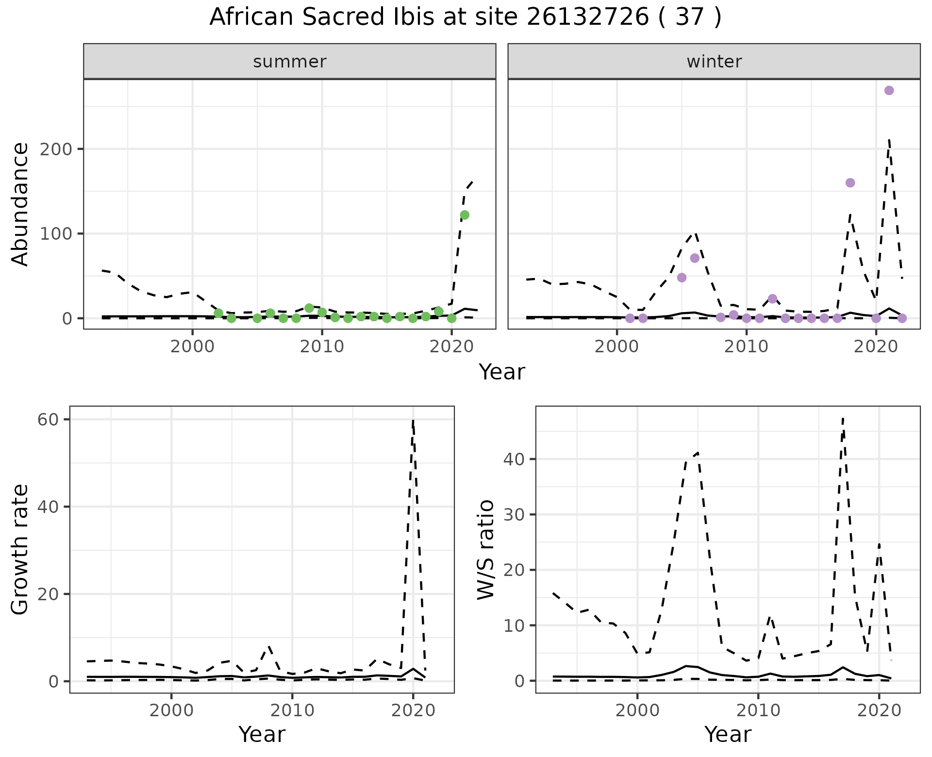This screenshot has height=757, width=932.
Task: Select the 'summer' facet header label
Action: point(290,62)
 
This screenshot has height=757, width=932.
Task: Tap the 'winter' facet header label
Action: point(714,62)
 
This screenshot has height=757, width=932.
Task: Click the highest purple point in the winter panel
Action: point(889,90)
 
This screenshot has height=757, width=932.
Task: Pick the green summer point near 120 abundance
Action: point(465,215)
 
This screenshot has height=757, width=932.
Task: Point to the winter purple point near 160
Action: point(850,183)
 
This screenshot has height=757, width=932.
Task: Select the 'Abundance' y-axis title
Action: point(20,204)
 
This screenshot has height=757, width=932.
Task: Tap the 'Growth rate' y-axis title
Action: point(20,550)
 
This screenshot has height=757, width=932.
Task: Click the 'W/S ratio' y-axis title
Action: point(486,550)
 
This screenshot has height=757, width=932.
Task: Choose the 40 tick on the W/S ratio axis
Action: point(514,459)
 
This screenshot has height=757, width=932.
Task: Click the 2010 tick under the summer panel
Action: point(322,346)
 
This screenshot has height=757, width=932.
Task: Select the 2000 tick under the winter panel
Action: point(617,346)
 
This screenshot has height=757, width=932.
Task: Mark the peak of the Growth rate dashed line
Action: point(413,420)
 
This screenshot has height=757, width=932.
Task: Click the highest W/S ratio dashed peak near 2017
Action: point(843,418)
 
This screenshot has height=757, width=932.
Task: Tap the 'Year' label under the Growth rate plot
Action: point(262,735)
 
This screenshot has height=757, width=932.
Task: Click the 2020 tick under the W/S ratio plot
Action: point(879,710)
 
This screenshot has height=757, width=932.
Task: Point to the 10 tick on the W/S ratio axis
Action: point(514,625)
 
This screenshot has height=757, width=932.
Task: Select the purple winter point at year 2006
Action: point(695,258)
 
